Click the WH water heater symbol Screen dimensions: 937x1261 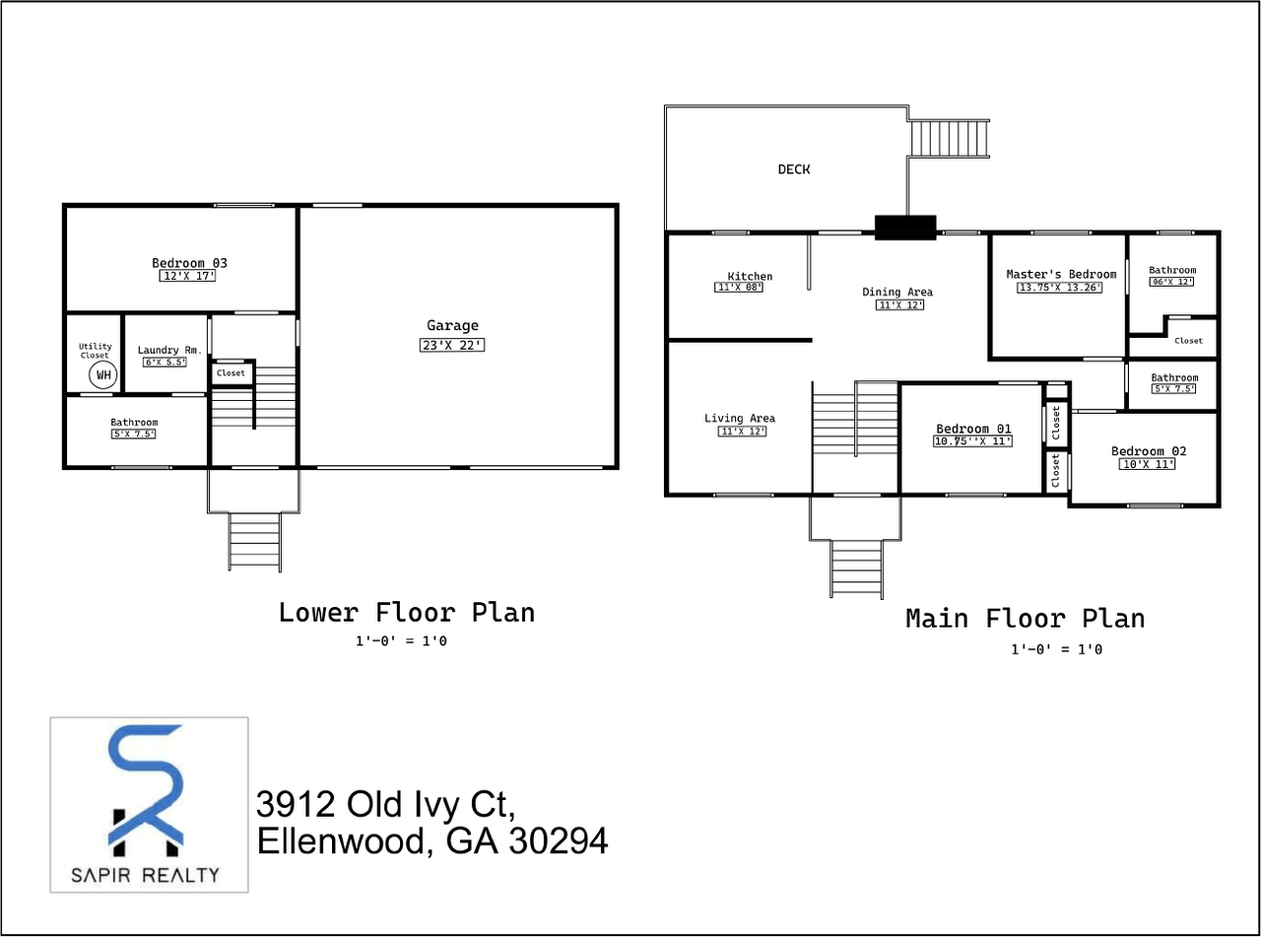102,375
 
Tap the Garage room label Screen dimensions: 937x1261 452,326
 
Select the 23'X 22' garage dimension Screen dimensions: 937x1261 452,345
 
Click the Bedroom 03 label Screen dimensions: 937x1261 189,263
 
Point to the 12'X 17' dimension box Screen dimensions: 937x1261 187,277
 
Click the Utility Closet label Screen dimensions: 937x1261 96,351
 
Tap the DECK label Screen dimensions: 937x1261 794,169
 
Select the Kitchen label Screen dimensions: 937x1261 750,277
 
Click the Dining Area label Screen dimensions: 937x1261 896,292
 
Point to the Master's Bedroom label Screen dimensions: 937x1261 1061,274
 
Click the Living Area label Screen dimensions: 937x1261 739,419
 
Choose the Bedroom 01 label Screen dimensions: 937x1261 973,429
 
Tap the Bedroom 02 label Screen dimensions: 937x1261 1149,451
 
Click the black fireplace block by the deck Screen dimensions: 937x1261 905,228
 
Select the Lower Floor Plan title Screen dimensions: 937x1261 407,612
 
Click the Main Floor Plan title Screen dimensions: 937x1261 1025,619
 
